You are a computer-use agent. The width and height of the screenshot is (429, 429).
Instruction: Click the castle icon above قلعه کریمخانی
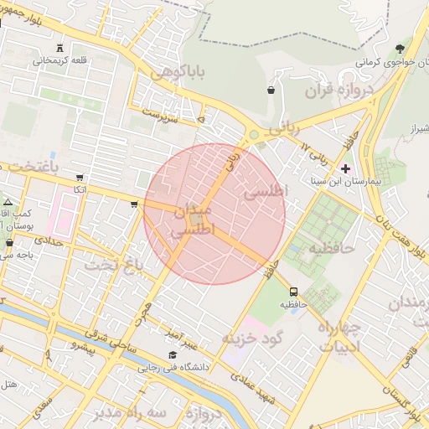[x=59, y=48]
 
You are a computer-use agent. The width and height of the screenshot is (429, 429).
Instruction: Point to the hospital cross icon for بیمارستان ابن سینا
[x=345, y=168]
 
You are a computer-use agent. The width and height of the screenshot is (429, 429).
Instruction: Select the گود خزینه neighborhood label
[x=253, y=337]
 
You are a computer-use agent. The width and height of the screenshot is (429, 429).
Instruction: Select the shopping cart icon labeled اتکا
[x=80, y=178]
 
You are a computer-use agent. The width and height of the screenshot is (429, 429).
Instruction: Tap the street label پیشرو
[x=84, y=344]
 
